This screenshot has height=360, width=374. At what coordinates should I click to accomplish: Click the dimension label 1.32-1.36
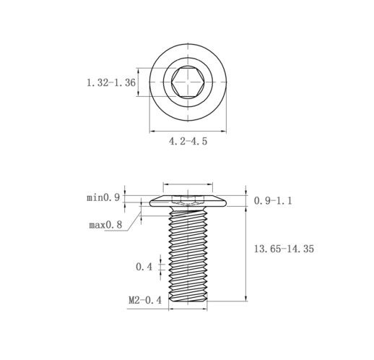click(x=111, y=82)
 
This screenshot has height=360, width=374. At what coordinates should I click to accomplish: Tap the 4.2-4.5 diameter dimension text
click(x=188, y=141)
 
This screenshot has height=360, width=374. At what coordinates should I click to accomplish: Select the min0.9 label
click(x=103, y=197)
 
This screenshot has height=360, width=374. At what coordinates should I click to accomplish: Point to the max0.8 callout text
click(x=105, y=225)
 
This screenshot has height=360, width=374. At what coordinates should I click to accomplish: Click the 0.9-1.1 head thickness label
click(x=273, y=201)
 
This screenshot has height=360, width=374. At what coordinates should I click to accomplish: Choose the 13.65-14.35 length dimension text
click(x=284, y=249)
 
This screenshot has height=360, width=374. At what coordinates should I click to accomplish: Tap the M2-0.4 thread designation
click(x=145, y=300)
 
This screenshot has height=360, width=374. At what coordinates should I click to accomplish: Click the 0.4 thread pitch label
click(x=144, y=267)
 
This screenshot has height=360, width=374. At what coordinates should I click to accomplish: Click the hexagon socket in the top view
click(x=188, y=82)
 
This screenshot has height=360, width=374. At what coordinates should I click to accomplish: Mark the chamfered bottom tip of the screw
click(x=188, y=298)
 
